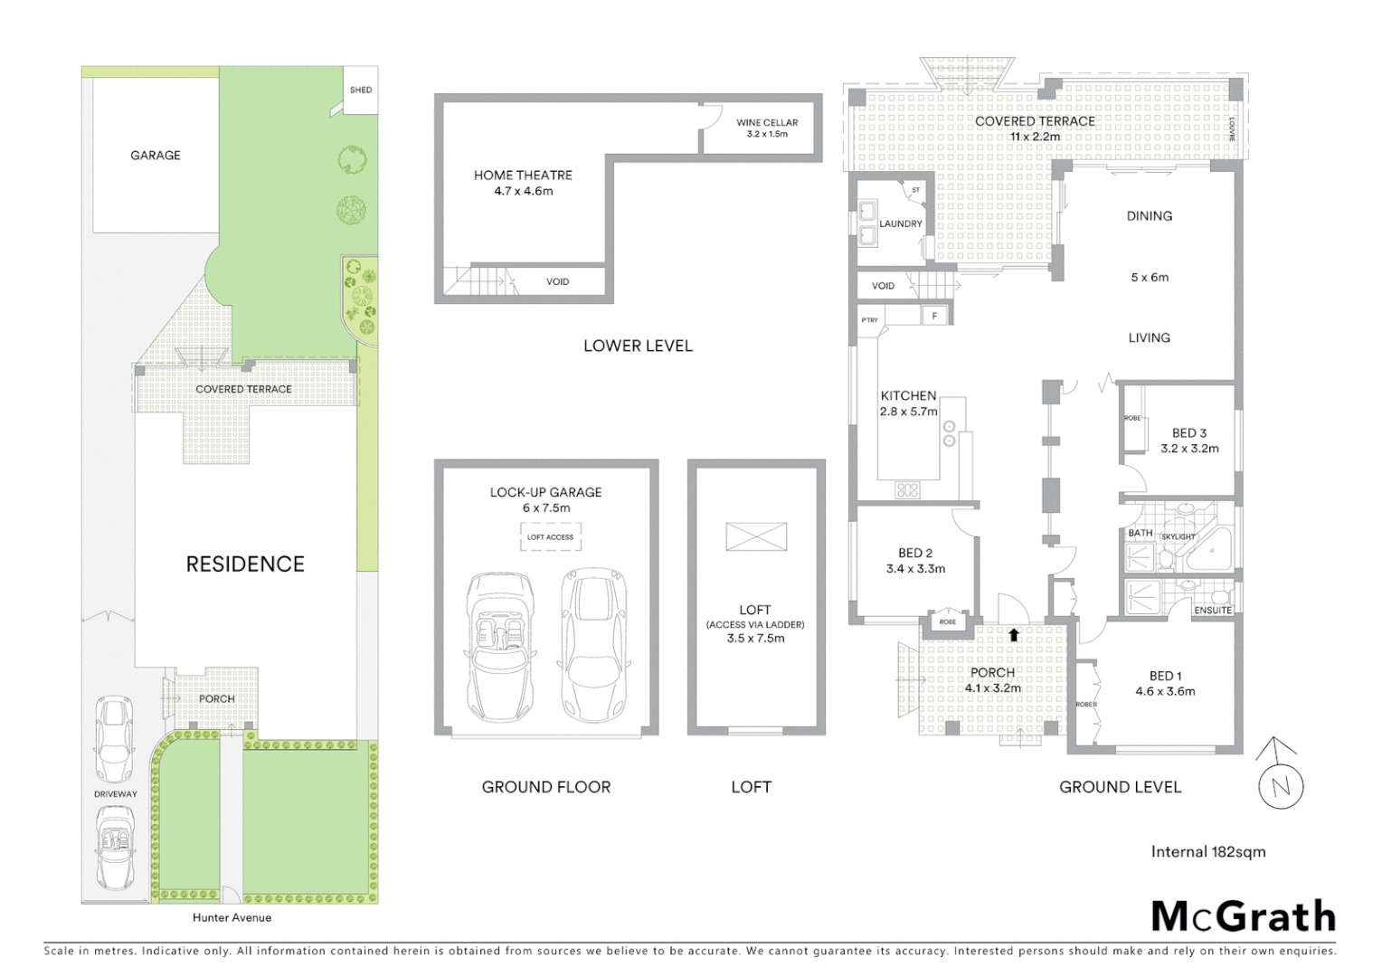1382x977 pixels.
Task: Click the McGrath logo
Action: pos(1243,916)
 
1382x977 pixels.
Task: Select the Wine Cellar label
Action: pos(767,123)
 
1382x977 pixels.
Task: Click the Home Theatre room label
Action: pos(523,175)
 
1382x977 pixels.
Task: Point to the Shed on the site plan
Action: pos(361,90)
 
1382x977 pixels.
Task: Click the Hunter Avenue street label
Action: pos(232,917)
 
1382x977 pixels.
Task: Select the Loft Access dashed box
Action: pos(550,537)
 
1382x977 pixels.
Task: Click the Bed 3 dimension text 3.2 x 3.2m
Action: pos(1189,449)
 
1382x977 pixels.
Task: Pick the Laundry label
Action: pos(900,224)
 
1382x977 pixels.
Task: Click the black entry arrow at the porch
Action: pos(1014,635)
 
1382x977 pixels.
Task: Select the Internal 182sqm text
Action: pos(1207,851)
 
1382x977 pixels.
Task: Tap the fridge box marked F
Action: pos(934,316)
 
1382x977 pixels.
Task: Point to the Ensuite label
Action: pos(1212,611)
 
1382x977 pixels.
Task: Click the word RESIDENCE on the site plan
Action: pos(245,564)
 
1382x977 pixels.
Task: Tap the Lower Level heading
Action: pos(638,346)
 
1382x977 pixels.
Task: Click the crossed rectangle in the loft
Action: pos(756,536)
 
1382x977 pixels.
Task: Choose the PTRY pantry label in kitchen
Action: pos(869,320)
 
